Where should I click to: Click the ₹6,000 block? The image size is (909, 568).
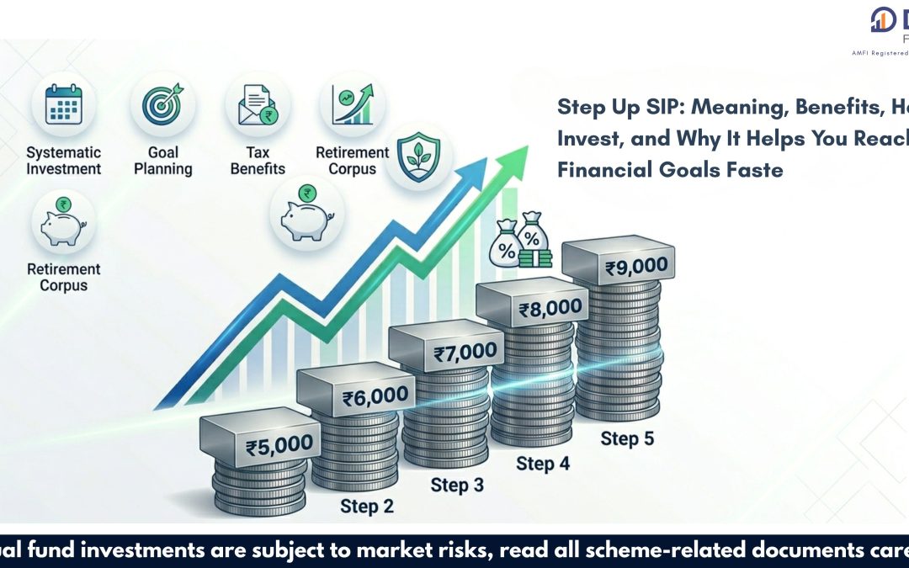point(375,395)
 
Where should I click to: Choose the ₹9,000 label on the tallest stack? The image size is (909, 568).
point(636,268)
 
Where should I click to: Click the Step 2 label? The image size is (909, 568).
point(367,506)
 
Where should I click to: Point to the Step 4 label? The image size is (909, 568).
point(541,464)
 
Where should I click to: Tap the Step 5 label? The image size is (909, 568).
point(627,438)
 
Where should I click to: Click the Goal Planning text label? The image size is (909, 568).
point(162,161)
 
